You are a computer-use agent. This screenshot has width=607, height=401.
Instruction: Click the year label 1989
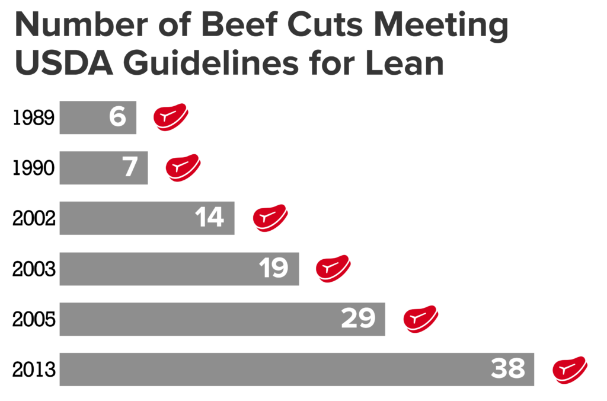(34, 118)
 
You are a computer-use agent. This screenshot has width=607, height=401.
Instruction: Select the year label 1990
(34, 168)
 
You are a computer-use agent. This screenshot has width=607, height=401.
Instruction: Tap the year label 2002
(34, 218)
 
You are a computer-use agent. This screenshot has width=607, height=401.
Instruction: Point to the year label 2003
(34, 269)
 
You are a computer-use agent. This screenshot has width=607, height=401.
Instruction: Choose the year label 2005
(34, 320)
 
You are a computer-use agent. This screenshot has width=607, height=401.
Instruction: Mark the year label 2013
(34, 370)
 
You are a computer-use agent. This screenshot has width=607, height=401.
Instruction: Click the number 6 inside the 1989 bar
(117, 117)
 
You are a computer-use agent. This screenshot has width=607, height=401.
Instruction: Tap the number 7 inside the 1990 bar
(130, 168)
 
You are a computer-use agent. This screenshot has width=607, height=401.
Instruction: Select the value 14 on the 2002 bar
(209, 218)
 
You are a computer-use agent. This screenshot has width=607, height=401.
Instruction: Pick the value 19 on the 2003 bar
(273, 269)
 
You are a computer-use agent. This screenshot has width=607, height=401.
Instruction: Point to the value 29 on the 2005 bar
(359, 319)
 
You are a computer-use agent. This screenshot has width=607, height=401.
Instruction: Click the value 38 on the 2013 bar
(508, 370)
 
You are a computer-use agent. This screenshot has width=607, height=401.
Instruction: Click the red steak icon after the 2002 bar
(270, 218)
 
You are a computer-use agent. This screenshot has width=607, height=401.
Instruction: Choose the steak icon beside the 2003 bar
(333, 268)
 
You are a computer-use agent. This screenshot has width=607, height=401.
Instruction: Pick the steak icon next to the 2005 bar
(420, 319)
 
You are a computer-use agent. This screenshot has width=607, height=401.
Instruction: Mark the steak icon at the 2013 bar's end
(570, 369)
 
